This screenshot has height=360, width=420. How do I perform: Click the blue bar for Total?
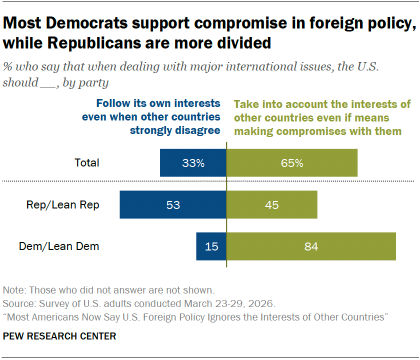click(x=193, y=161)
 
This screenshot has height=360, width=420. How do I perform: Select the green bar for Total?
click(x=292, y=161)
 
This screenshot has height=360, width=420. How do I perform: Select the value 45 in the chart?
click(x=242, y=204)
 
